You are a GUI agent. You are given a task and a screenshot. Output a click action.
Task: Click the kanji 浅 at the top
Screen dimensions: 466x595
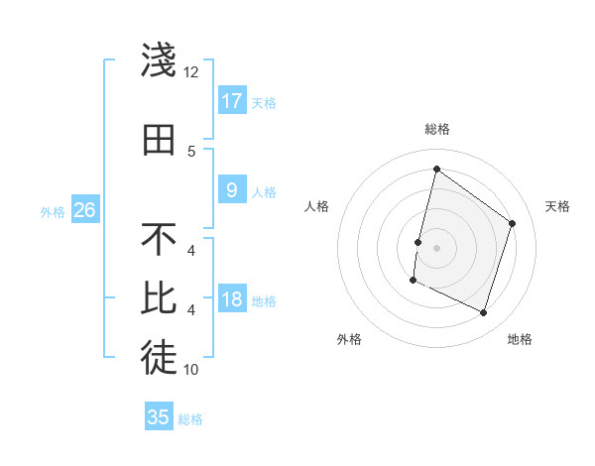159,60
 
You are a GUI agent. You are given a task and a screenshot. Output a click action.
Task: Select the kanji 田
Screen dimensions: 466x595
159,140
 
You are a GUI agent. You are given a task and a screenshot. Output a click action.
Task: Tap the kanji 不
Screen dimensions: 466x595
159,240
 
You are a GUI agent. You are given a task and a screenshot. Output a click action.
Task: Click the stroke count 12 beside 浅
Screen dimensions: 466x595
191,72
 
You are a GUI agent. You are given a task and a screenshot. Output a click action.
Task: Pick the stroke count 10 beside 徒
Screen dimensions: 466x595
191,370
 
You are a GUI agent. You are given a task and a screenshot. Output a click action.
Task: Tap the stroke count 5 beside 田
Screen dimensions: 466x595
191,152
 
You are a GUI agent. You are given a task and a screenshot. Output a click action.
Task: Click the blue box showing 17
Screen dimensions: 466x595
232,100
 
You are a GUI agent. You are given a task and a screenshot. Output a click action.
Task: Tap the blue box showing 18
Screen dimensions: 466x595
232,299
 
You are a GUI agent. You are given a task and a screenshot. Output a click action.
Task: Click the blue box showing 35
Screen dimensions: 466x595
159,417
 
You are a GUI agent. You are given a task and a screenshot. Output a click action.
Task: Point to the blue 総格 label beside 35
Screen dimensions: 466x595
191,419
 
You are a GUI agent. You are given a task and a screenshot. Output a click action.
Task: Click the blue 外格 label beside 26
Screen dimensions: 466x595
53,211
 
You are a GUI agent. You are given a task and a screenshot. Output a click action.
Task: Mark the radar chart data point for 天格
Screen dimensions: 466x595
513,223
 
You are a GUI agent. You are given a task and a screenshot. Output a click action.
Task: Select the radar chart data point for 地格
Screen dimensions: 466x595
484,313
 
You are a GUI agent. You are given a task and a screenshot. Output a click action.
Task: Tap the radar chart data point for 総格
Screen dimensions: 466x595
436,170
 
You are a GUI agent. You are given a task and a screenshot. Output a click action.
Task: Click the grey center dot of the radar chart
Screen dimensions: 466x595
436,248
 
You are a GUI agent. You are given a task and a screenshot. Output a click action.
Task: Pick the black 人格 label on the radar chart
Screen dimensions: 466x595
316,206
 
